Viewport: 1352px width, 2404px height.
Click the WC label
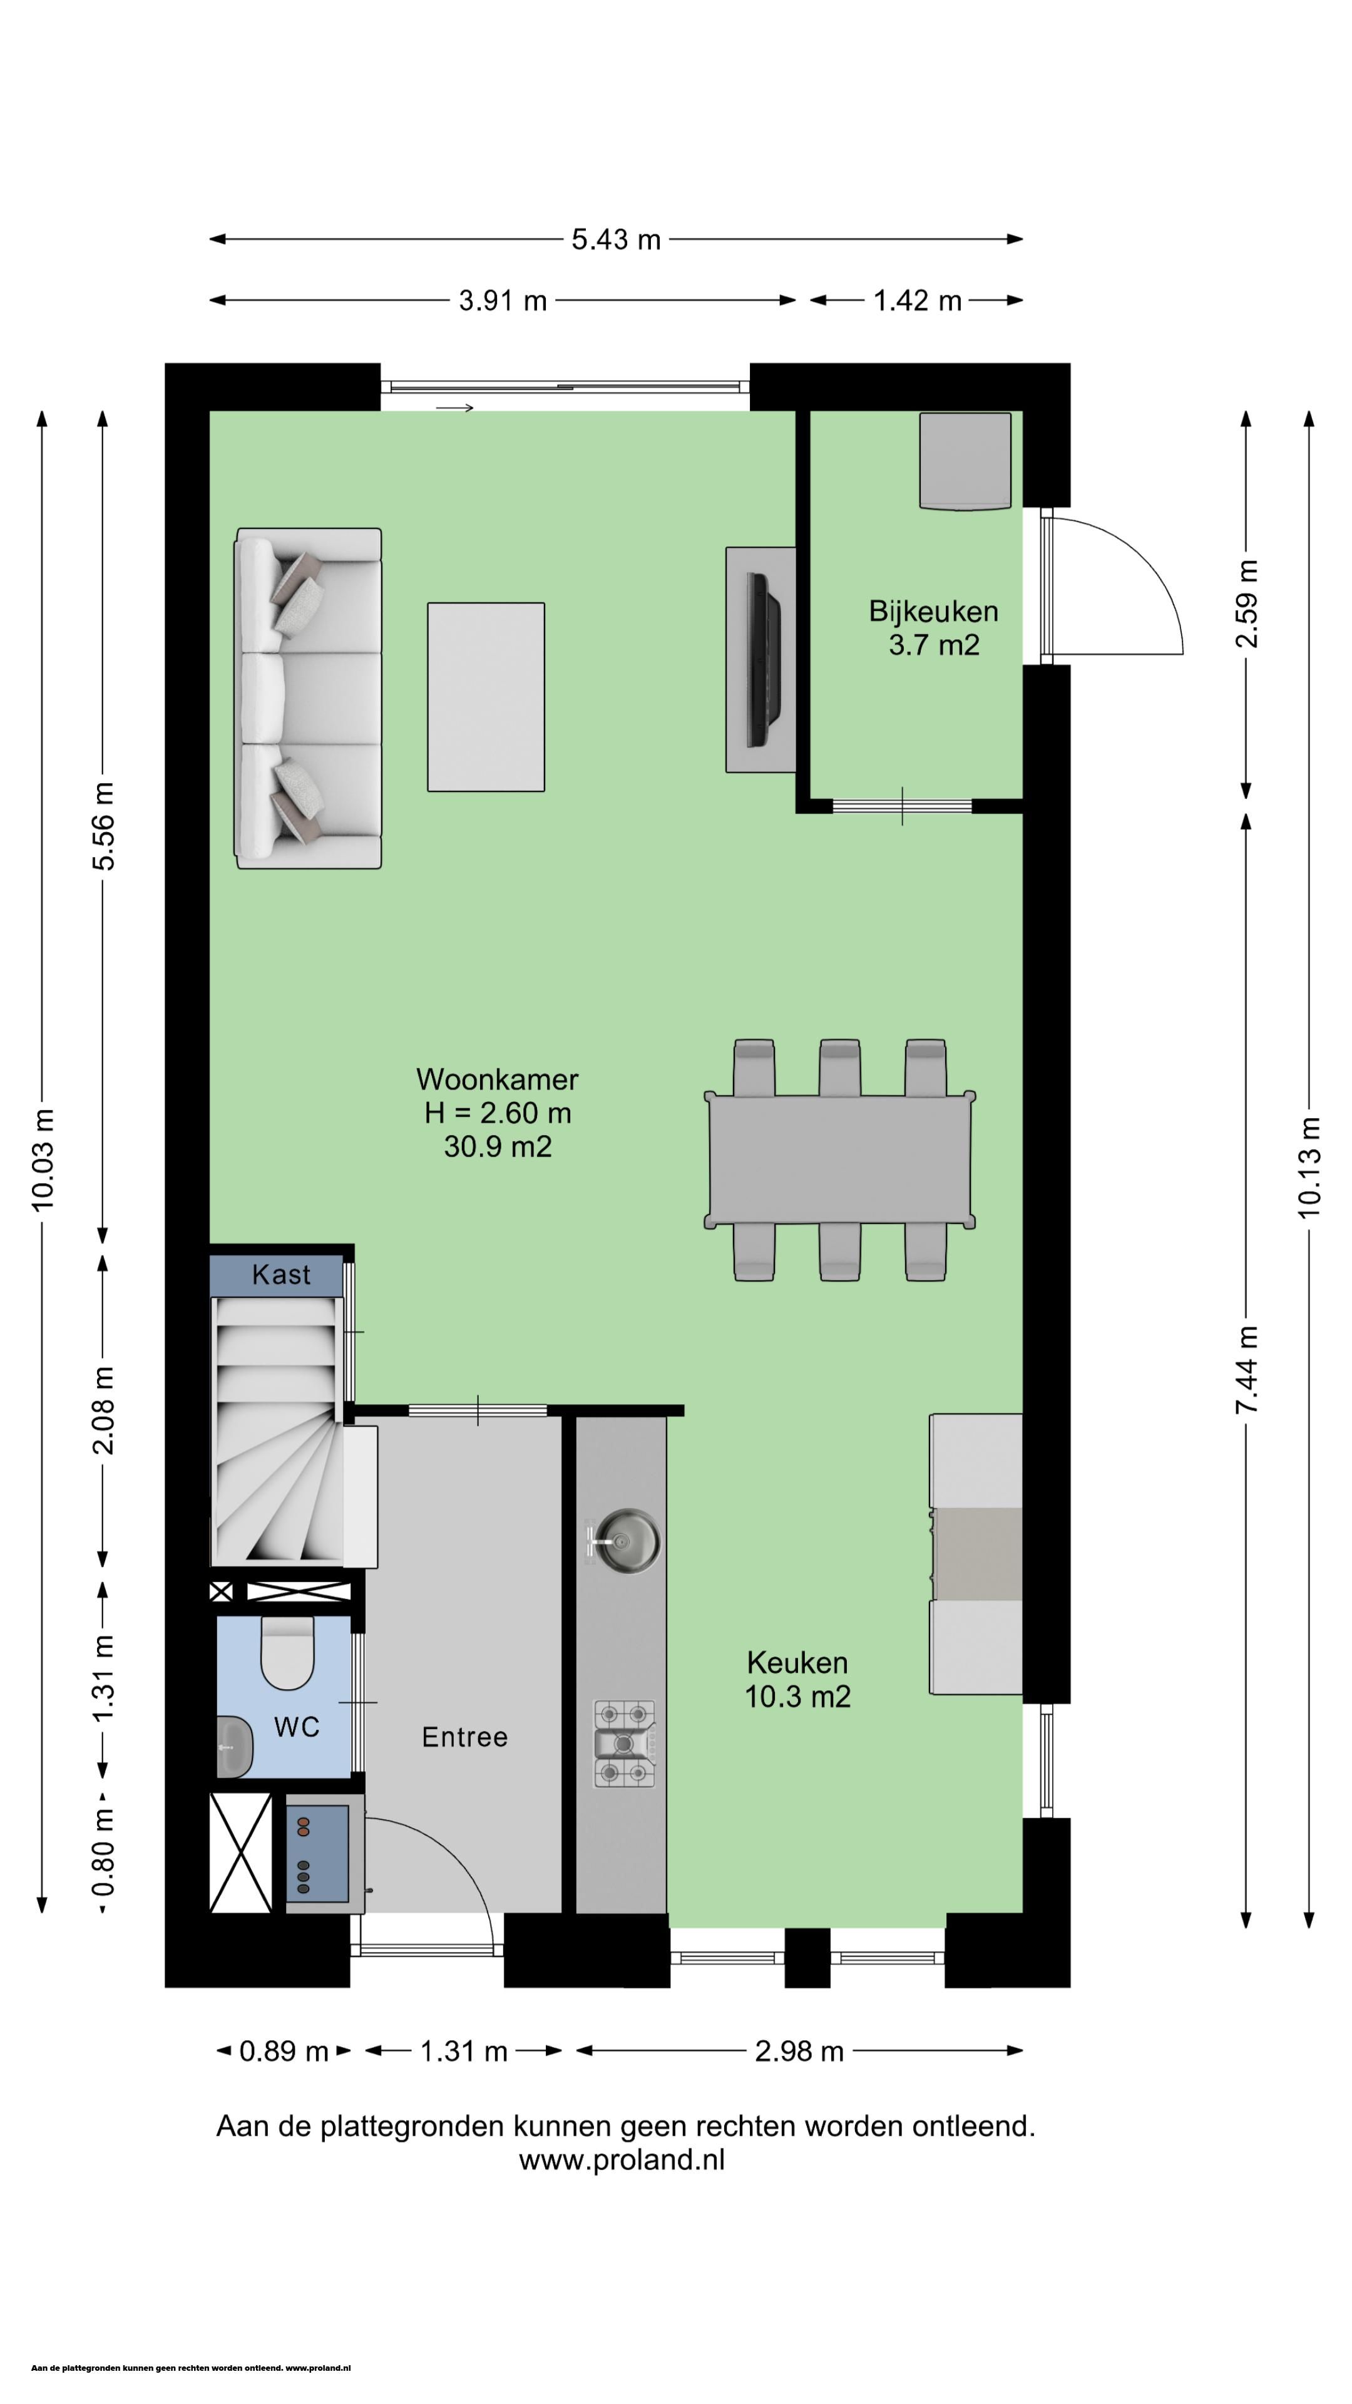(297, 1727)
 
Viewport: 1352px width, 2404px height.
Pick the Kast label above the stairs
(281, 1275)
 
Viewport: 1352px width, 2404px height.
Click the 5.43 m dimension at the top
(616, 240)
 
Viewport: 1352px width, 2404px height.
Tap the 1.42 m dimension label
(917, 300)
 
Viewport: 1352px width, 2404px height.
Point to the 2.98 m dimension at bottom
(799, 2052)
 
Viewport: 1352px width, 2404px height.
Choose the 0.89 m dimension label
(284, 2052)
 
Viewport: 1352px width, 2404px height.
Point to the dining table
(841, 1160)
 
